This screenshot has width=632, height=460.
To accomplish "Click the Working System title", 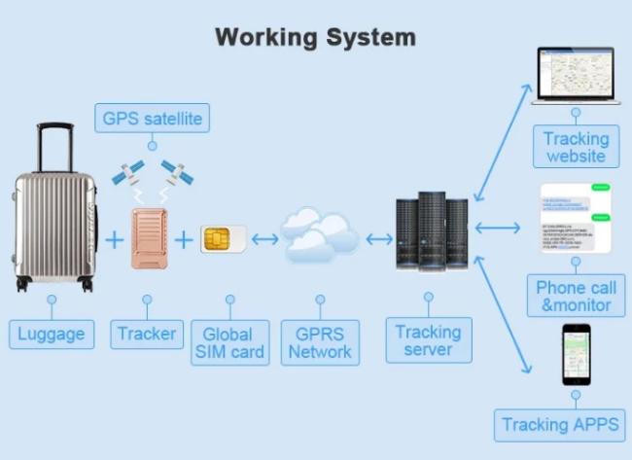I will click(315, 38).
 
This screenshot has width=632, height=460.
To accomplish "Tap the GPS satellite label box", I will click(152, 120).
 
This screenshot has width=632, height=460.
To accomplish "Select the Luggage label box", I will click(52, 335).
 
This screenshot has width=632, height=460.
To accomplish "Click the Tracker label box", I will click(147, 334).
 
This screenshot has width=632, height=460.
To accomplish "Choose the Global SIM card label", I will click(229, 342).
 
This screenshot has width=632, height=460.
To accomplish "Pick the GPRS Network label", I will click(320, 342).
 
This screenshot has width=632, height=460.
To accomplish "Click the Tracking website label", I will click(576, 148).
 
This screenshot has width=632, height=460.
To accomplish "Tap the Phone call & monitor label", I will click(576, 296).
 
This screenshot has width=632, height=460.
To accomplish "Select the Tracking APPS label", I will click(561, 425).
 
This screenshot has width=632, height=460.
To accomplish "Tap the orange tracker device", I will click(149, 236).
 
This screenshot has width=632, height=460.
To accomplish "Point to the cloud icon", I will click(318, 236).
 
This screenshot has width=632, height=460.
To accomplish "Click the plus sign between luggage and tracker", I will click(115, 238).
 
